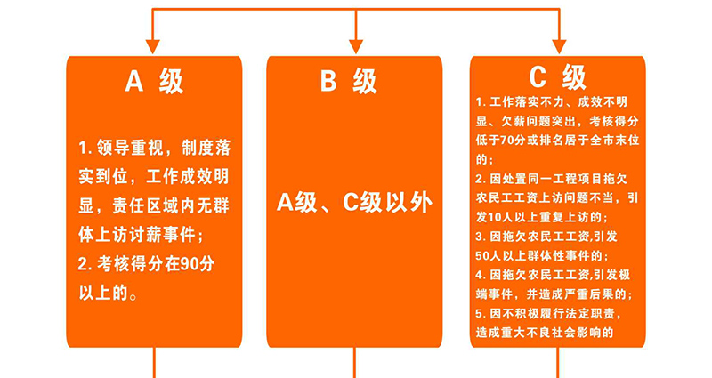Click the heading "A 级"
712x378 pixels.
pos(154,81)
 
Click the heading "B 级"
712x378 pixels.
pos(348,81)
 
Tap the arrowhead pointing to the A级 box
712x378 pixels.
pos(152,47)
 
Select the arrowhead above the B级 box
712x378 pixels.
pos(355,47)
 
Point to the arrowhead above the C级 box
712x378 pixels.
pos(559,47)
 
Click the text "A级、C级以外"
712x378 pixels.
pos(354,203)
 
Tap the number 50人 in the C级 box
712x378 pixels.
pos(488,256)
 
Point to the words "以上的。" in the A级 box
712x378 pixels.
pos(109,294)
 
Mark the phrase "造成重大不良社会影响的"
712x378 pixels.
pos(545,333)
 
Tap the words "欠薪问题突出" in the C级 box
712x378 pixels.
pos(537,121)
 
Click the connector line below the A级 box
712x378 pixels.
pos(154,363)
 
